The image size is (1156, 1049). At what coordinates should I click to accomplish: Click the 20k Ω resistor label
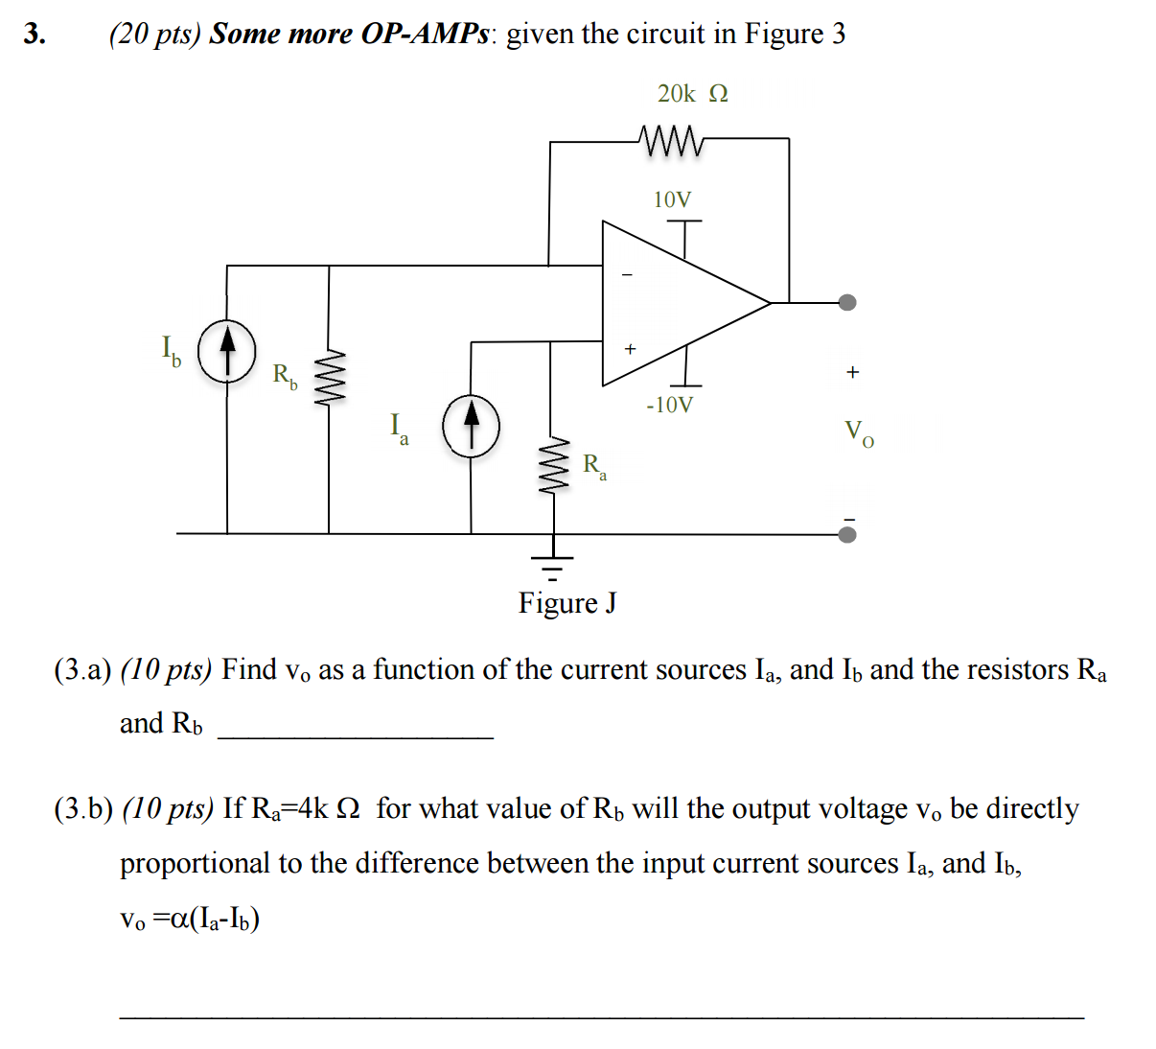click(x=692, y=93)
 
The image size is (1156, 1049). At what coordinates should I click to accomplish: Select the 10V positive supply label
click(x=672, y=199)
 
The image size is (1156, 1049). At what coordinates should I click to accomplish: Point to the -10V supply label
click(x=669, y=405)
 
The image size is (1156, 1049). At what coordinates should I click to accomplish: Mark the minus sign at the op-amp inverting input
click(x=628, y=275)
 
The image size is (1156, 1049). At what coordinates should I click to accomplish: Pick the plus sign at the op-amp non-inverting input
click(x=630, y=349)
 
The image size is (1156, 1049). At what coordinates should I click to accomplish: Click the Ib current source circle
click(x=227, y=352)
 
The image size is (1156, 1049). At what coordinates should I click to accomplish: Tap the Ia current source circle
click(x=471, y=426)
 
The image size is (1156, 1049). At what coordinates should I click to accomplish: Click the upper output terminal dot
click(x=846, y=303)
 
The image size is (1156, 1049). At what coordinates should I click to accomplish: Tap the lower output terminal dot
click(x=846, y=534)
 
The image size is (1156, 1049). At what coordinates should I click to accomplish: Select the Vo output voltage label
click(x=858, y=433)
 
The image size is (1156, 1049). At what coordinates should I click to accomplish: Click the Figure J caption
click(x=567, y=603)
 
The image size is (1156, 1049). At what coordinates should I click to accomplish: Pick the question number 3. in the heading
click(x=35, y=34)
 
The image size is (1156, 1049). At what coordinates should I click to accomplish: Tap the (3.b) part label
click(x=83, y=809)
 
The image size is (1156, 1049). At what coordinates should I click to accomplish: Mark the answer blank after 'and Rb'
click(x=355, y=729)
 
